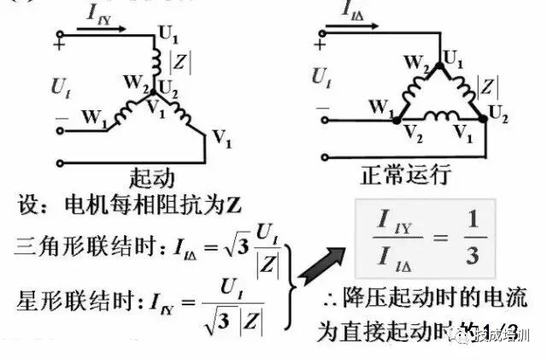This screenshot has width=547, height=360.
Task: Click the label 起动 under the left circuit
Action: pos(152,177)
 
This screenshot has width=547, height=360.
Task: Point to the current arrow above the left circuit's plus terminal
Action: pos(101,28)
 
